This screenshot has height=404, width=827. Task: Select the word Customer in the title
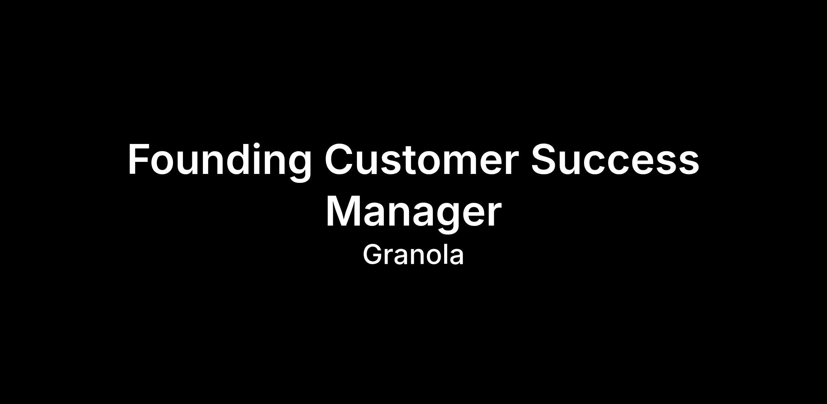click(421, 160)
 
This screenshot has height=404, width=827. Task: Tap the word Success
click(615, 160)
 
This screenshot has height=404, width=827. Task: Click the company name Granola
click(413, 255)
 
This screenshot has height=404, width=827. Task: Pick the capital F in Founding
click(139, 159)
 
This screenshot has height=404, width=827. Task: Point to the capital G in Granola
click(373, 255)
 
